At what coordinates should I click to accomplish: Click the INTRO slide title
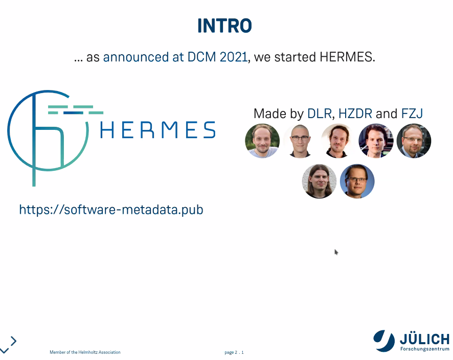[x=224, y=26]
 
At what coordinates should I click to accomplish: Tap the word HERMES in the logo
[x=157, y=130]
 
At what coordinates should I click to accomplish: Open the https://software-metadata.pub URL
[x=111, y=210]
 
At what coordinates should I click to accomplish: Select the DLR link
[x=320, y=114]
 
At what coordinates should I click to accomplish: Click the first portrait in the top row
[x=262, y=141]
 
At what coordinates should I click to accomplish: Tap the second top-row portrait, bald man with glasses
[x=300, y=141]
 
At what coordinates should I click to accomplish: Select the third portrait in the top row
[x=338, y=141]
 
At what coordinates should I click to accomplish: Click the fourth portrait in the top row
[x=376, y=141]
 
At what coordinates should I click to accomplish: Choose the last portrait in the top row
[x=414, y=141]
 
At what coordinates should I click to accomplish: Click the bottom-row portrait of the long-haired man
[x=319, y=181]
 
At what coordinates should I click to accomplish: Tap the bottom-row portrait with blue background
[x=357, y=181]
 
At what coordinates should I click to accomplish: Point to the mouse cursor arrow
[x=336, y=252]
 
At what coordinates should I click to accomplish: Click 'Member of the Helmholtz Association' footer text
[x=85, y=352]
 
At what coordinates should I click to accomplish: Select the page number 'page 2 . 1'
[x=234, y=352]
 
